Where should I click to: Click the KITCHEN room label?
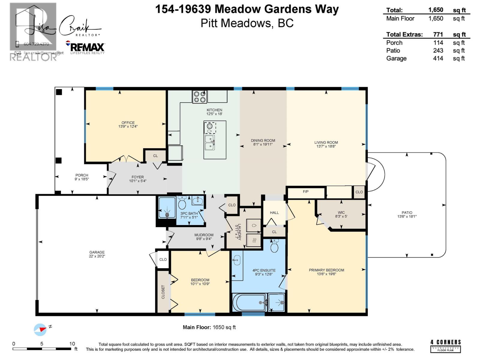(214, 110)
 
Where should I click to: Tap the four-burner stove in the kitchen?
(199, 97)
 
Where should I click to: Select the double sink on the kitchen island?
(209, 142)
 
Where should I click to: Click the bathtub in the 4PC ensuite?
(250, 302)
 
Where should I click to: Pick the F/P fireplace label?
(305, 191)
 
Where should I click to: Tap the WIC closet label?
(341, 212)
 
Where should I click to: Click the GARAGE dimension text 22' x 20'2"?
(97, 256)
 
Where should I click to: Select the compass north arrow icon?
(40, 329)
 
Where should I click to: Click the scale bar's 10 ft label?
(72, 344)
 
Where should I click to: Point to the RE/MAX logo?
(87, 47)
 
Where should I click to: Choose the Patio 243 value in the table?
(438, 50)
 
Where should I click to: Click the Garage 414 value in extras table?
(438, 58)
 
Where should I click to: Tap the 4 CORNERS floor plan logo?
(445, 346)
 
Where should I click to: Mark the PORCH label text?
(82, 175)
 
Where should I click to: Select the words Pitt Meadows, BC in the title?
(247, 23)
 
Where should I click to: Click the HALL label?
(274, 212)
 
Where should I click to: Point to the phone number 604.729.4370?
(36, 44)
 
